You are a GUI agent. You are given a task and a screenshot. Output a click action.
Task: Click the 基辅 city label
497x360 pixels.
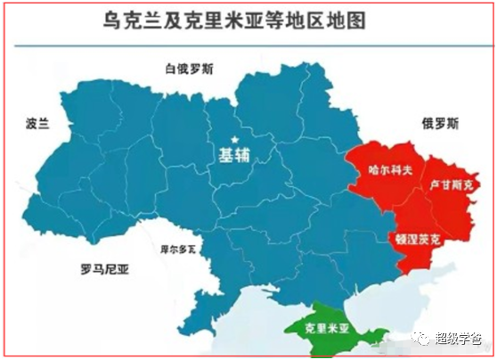tap(234, 155)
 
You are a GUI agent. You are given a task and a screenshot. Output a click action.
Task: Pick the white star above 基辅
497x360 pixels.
tap(235, 138)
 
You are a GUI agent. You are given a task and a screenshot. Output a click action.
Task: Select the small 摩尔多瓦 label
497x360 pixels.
tap(176, 250)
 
